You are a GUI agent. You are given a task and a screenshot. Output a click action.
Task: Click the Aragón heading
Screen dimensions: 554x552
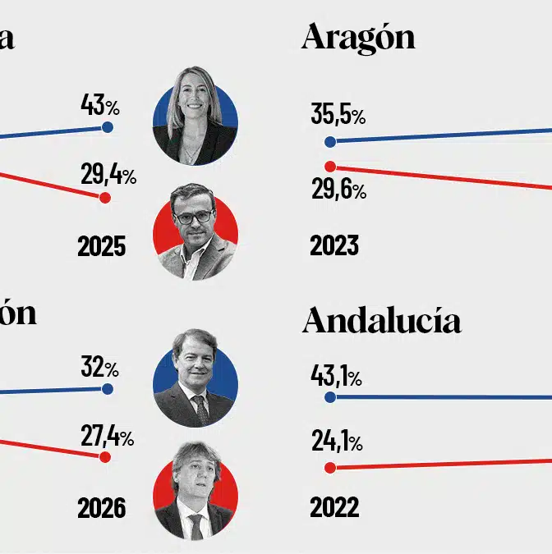358,38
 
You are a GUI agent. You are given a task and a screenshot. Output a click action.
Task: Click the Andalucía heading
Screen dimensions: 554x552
382,321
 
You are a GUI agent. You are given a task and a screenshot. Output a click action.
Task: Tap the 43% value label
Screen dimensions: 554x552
99,105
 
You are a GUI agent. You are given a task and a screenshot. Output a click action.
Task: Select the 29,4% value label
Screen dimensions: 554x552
108,175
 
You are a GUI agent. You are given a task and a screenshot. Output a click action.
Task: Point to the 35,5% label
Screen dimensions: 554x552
338,115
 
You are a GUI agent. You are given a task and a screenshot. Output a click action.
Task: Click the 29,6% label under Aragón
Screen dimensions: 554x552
338,191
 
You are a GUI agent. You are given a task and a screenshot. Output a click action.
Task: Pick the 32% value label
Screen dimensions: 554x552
99,367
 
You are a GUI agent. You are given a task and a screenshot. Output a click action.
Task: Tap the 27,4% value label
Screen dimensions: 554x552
107,437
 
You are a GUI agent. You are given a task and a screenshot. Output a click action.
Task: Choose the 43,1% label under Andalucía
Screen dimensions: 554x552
336,377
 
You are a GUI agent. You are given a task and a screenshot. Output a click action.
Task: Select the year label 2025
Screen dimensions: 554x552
102,246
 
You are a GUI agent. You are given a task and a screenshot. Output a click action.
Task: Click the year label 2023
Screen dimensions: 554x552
334,245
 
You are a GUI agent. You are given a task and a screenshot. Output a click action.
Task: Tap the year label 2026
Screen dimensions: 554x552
102,508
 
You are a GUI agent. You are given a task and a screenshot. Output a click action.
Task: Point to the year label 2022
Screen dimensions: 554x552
334,507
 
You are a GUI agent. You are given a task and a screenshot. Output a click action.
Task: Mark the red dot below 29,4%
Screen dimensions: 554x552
104,198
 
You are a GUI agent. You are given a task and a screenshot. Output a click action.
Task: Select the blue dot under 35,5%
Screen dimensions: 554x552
330,141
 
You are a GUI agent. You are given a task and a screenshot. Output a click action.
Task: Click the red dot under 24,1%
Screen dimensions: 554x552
330,468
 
